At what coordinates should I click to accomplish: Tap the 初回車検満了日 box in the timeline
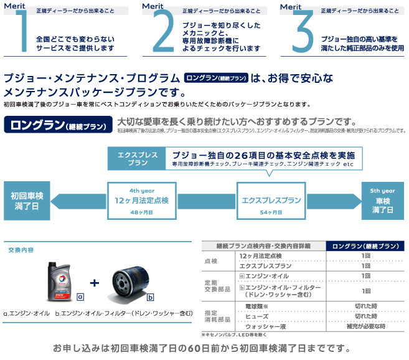pos(27,200)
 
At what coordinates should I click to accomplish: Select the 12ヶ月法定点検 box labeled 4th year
pos(141,200)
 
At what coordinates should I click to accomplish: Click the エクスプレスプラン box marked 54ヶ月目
pos(271,201)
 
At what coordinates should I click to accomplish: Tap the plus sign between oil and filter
pos(94,283)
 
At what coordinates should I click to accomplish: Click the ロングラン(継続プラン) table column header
pos(365,246)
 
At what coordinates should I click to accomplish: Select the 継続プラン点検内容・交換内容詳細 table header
pos(263,246)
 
